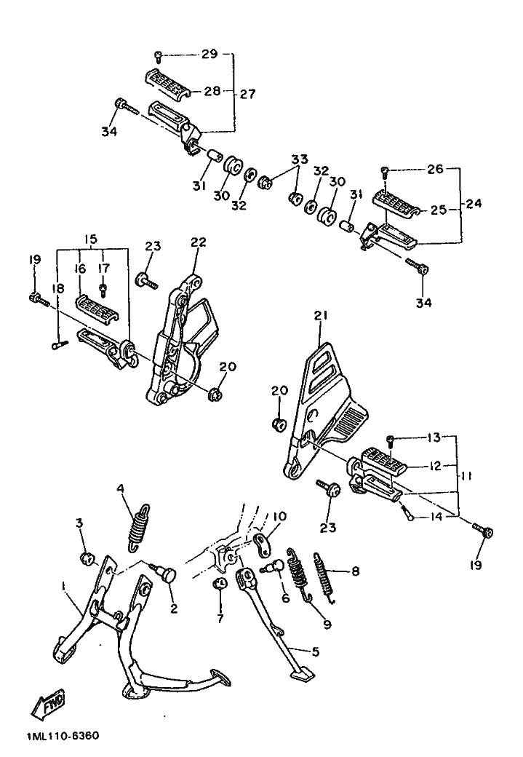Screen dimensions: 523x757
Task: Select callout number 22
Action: point(199,242)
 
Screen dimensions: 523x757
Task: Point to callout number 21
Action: point(321,316)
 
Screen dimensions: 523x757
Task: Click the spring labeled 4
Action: point(139,528)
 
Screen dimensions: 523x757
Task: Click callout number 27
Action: point(247,93)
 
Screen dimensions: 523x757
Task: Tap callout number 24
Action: point(474,203)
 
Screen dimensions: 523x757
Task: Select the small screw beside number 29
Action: point(157,57)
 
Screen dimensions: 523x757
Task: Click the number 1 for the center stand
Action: point(63,585)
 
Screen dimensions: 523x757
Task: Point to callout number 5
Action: point(315,651)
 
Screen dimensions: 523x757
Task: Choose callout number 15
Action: point(91,239)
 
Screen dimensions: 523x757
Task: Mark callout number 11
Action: point(465,476)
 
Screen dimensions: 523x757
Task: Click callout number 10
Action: point(279,517)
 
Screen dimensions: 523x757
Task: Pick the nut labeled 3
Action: point(87,559)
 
